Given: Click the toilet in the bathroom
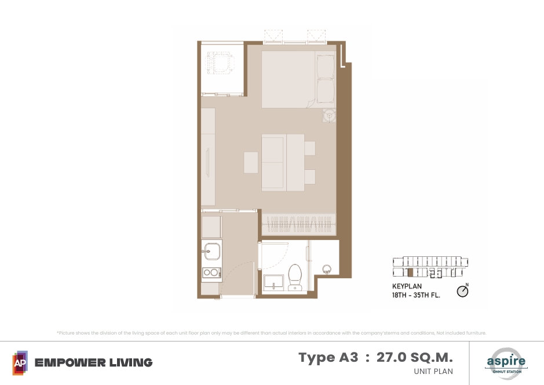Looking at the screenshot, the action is coord(295,277).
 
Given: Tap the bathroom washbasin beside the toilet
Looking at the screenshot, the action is coord(273,282).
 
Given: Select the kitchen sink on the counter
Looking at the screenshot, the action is coord(211,251).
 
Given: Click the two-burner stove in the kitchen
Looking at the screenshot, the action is coord(211,273).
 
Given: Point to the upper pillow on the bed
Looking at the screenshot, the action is coord(326,66).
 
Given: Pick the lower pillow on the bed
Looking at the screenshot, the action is coord(326,90).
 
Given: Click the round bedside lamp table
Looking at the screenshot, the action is coord(329,115).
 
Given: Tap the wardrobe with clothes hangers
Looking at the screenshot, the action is coord(299,224).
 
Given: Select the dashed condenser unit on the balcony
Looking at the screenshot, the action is coord(220,63).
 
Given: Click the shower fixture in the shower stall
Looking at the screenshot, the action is coord(327,269).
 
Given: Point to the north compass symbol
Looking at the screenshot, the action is coord(462,290).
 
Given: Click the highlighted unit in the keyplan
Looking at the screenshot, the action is coord(410,273).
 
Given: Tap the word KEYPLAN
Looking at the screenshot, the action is coord(407,286).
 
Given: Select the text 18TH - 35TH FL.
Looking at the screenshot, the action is coord(416,295).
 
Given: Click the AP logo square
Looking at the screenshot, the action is coord(20,363).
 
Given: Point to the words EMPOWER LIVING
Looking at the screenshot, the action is coord(94,363).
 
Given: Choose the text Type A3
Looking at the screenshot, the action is coord(328,358).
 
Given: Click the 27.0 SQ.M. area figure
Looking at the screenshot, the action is coord(415,357).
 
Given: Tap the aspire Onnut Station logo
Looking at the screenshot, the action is coord(506,363).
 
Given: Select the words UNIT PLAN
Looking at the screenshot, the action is coord(433,372).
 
